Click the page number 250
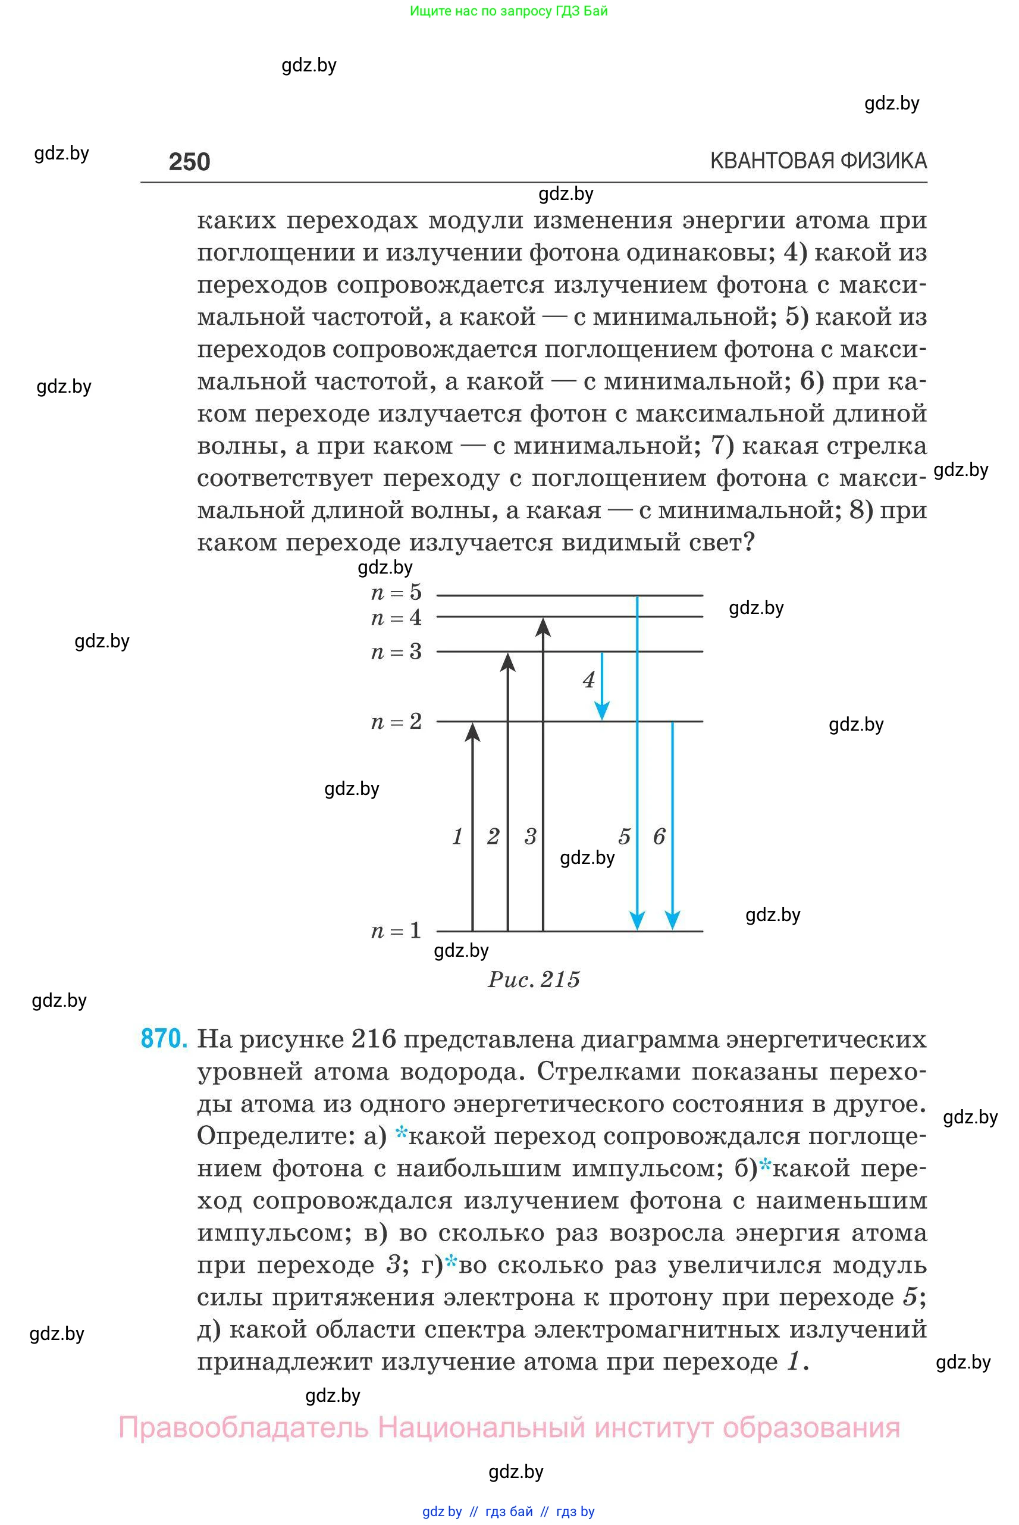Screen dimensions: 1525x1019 [189, 161]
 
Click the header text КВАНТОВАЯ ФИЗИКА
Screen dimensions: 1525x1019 [818, 161]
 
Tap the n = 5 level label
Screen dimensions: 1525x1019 [396, 592]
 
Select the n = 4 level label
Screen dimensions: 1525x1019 [396, 617]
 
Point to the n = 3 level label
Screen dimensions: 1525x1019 [396, 652]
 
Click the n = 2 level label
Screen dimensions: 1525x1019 [396, 721]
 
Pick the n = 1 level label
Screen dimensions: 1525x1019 [396, 930]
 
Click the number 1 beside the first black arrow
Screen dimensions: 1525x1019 [457, 836]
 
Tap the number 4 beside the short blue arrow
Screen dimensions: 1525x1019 [589, 680]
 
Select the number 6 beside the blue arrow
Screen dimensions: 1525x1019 [659, 836]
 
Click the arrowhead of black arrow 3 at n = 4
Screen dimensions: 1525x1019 [543, 627]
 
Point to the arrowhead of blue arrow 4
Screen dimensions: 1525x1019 [603, 711]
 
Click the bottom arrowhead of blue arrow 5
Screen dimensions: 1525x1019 [638, 920]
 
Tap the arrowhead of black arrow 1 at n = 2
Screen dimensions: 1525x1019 [472, 732]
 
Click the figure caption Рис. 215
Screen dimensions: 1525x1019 [534, 979]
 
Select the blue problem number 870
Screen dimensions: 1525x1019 [164, 1039]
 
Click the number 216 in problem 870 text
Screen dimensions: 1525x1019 [373, 1039]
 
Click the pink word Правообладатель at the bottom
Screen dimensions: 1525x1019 [243, 1427]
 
